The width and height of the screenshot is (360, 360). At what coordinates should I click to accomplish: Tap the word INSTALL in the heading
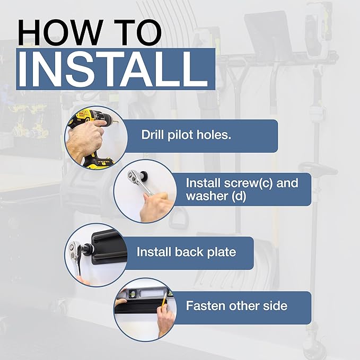(112, 69)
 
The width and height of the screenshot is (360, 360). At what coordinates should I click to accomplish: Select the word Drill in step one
(152, 134)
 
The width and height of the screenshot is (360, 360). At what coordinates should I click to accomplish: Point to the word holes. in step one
(214, 134)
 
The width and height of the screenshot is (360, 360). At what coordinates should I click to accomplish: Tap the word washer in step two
(206, 196)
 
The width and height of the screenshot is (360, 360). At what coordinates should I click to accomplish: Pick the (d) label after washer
(239, 196)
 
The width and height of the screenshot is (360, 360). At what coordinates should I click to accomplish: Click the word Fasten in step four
(205, 305)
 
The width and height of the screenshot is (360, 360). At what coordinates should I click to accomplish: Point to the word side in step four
(275, 305)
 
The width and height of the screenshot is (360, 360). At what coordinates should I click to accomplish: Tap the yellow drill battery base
(99, 160)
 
